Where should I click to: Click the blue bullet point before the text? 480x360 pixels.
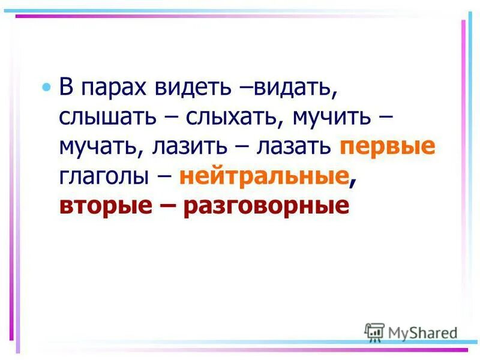coord(47,88)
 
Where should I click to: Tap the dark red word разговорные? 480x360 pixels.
coord(266,206)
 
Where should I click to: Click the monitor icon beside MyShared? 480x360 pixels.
coord(374,332)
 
